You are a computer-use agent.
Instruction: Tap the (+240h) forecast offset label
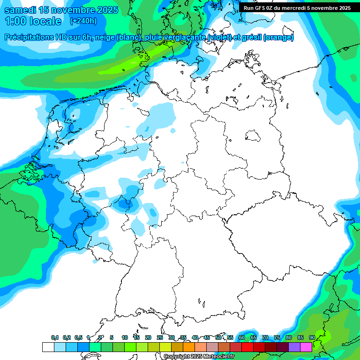pyautogui.click(x=83, y=21)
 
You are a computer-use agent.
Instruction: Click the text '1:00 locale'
pyautogui.click(x=33, y=21)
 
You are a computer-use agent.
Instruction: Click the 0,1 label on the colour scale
pyautogui.click(x=54, y=337)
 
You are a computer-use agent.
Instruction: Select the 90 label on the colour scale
pyautogui.click(x=312, y=337)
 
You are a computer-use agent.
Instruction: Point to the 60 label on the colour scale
pyautogui.click(x=242, y=337)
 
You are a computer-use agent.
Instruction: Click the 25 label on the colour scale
pyautogui.click(x=160, y=337)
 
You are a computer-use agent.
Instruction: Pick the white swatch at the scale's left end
pyautogui.click(x=48, y=347)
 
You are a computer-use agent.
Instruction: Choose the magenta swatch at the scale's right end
pyautogui.click(x=306, y=347)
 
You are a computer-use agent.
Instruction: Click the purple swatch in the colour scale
pyautogui.click(x=294, y=347)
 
